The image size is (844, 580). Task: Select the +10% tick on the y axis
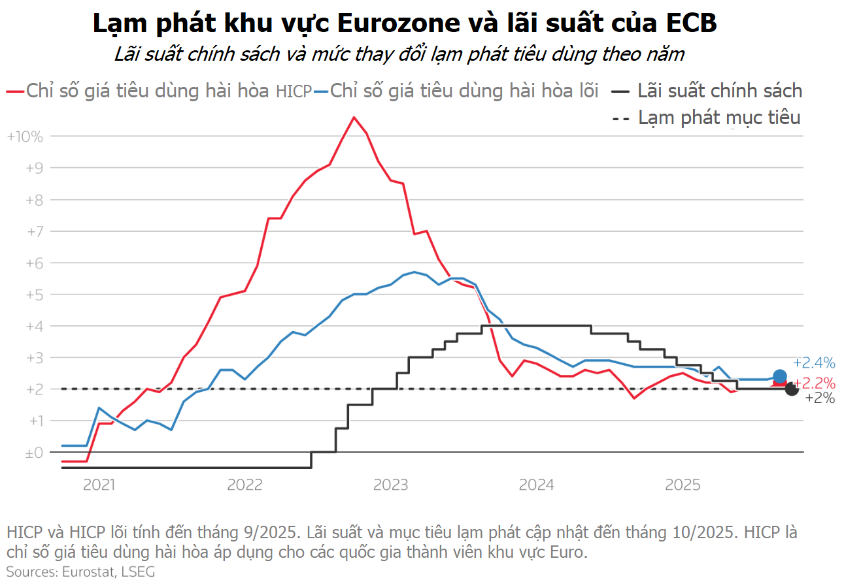[x=24, y=137]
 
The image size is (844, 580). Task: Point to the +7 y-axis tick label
[x=33, y=232]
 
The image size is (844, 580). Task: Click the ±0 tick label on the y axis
[x=33, y=453]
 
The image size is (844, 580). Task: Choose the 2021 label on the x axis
[x=99, y=485]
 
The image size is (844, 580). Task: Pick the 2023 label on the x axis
[x=391, y=485]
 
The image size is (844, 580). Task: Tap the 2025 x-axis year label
[x=683, y=485]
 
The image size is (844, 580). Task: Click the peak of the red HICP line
[x=354, y=118]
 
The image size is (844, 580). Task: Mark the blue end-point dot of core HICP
[x=779, y=376]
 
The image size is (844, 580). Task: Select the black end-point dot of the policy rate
[x=791, y=389]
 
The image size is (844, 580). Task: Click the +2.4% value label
[x=814, y=363]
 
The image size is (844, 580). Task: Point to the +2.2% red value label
[x=814, y=383]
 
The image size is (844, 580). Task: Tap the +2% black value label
[x=820, y=398]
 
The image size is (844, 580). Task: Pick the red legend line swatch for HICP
[x=14, y=91]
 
